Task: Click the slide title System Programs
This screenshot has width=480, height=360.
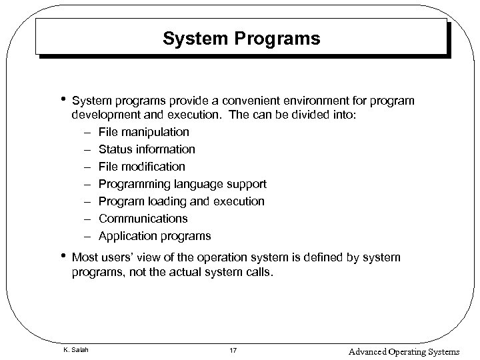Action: coord(241,39)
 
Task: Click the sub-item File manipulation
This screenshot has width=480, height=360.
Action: coord(143,132)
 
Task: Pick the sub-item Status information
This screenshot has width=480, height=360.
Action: coord(147,149)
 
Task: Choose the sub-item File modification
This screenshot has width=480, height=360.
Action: coord(142,167)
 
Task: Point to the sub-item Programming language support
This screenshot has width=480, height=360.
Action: coord(182,184)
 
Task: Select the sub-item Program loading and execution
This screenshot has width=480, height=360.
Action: coord(181,201)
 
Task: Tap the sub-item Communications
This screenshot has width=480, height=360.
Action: coord(143,219)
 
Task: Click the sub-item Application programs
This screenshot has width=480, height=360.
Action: coord(155,236)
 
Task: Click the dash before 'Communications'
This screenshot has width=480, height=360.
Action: coord(87,219)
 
